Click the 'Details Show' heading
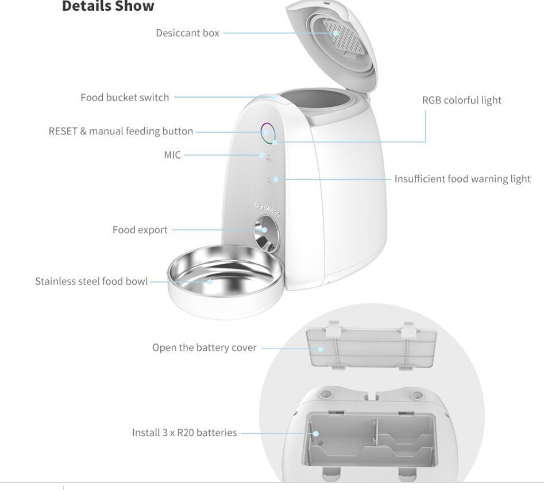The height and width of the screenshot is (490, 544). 108,7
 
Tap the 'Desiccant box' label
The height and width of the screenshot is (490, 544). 187,33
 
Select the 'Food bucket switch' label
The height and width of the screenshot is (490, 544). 125,97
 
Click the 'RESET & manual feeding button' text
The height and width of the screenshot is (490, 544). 121,131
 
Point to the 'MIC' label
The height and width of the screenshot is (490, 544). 172,155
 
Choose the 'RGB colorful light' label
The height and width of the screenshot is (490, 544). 461,100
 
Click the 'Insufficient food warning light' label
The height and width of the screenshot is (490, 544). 462,179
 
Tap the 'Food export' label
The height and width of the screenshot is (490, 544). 140,230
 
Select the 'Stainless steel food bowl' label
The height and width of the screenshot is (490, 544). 91,281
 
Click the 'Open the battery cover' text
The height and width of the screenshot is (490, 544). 204,348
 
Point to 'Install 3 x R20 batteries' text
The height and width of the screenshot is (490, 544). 184,433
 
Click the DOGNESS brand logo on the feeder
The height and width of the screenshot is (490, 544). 267,212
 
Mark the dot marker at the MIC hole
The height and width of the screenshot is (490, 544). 261,155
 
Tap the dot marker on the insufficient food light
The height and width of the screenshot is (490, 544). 276,179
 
